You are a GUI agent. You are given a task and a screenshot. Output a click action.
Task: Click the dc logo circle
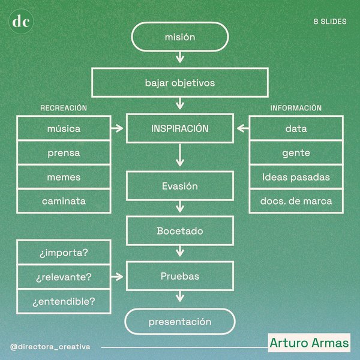tap(22, 22)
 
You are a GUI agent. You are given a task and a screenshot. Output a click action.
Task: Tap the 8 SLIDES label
tap(329, 22)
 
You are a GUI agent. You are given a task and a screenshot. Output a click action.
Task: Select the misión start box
tap(180, 37)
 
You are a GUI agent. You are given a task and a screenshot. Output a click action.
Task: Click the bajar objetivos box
tap(180, 82)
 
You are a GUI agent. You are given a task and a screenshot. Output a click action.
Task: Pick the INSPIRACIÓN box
tap(180, 128)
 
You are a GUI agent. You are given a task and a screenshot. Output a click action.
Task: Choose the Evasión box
tap(180, 186)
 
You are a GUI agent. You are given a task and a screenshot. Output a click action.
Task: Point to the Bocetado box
tap(180, 231)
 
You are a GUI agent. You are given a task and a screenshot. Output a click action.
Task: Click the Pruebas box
tap(180, 277)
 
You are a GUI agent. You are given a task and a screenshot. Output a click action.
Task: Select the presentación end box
tap(180, 322)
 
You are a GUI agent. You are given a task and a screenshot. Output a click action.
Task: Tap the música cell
tap(64, 128)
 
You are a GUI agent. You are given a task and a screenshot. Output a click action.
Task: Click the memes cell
tap(64, 177)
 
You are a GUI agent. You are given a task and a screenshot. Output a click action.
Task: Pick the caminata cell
tap(64, 201)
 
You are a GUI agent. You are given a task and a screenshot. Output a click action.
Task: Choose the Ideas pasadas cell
tap(296, 177)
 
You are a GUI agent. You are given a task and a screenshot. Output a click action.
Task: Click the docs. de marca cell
tap(296, 201)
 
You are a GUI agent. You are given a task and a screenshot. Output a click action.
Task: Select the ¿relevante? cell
tap(64, 277)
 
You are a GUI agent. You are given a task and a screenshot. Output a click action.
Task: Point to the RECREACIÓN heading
tap(64, 108)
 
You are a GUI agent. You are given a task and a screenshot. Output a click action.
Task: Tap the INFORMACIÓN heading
tap(296, 108)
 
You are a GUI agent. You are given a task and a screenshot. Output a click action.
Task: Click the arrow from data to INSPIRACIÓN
tap(242, 128)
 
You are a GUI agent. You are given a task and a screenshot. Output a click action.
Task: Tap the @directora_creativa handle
tap(50, 347)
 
